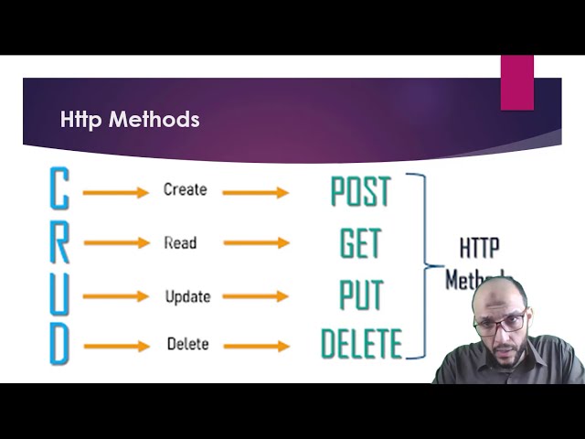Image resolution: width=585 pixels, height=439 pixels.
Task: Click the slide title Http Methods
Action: tap(130, 120)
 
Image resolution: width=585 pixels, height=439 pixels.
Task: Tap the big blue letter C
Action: tap(58, 190)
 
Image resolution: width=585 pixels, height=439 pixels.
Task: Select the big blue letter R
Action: tap(58, 242)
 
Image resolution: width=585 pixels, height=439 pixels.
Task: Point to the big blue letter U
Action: tap(58, 294)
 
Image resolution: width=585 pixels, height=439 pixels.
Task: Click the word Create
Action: tap(185, 190)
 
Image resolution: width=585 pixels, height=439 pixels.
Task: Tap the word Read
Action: tap(180, 243)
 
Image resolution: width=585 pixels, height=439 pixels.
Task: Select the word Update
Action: tap(187, 297)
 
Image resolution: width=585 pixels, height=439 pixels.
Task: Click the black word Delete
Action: tap(187, 345)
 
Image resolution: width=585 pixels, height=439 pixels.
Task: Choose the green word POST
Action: tap(360, 192)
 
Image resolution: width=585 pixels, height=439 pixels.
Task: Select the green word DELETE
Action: tap(361, 345)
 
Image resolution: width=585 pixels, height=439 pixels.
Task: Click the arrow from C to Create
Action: tap(115, 192)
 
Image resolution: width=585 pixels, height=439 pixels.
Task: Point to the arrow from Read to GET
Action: tap(256, 243)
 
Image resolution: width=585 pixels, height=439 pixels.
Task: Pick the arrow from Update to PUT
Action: tap(256, 296)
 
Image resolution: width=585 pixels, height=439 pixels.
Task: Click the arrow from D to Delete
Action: tap(115, 346)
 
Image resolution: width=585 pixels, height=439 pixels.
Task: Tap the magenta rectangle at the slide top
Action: tap(516, 82)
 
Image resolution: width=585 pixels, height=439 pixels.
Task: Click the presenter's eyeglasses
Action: tap(500, 322)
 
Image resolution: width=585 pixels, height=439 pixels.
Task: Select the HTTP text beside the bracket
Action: tap(478, 248)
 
